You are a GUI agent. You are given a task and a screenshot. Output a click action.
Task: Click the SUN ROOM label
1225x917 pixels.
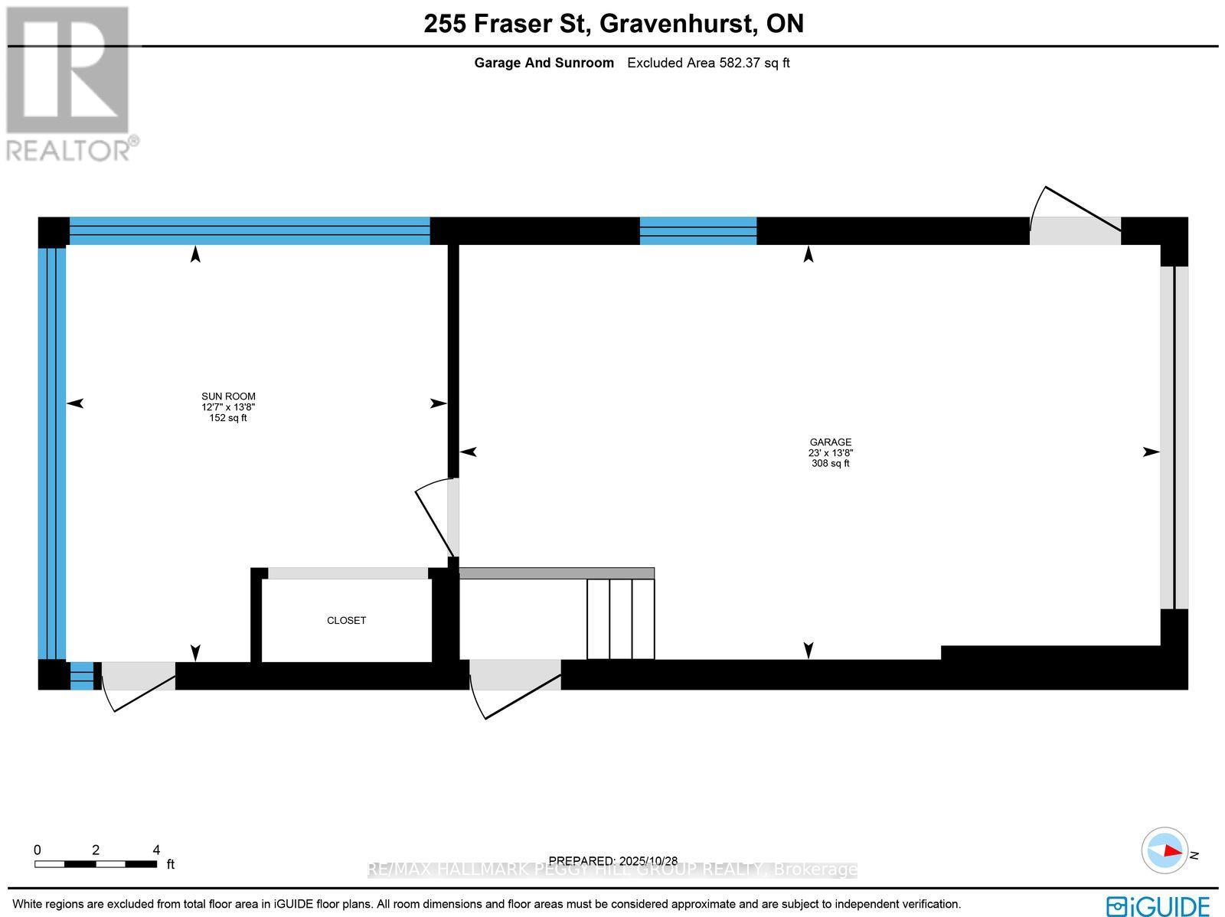[x=228, y=396]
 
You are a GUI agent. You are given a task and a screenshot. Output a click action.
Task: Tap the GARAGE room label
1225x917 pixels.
[x=831, y=442]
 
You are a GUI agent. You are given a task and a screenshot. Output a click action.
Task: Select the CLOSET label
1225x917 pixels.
[x=346, y=621]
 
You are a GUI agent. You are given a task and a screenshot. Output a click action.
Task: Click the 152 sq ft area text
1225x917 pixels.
[x=228, y=418]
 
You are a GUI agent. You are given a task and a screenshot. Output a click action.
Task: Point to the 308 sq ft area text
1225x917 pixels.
[x=831, y=464]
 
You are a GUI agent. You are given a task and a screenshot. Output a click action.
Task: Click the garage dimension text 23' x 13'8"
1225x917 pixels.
[x=831, y=453]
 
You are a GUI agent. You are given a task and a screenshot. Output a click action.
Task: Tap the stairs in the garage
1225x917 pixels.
[x=620, y=618]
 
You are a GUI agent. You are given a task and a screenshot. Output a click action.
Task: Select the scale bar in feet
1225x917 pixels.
[x=96, y=863]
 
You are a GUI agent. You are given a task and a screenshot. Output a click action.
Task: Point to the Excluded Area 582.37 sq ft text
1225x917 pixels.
[x=708, y=63]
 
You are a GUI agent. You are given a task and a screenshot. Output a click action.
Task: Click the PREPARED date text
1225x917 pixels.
[x=613, y=860]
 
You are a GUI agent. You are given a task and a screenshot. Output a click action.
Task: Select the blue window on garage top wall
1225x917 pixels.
[x=697, y=230]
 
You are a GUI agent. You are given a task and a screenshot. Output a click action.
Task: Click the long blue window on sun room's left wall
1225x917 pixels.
[x=52, y=452]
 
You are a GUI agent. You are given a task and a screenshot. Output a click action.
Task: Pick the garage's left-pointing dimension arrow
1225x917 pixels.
[x=468, y=452]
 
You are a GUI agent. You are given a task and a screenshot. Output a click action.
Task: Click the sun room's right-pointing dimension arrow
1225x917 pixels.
[x=438, y=403]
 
